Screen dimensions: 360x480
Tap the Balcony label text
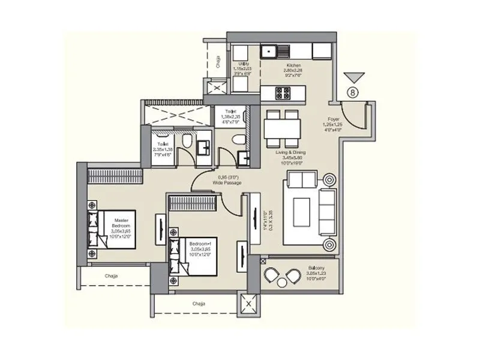[x=317, y=272]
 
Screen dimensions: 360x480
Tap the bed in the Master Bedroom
[x=114, y=229]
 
